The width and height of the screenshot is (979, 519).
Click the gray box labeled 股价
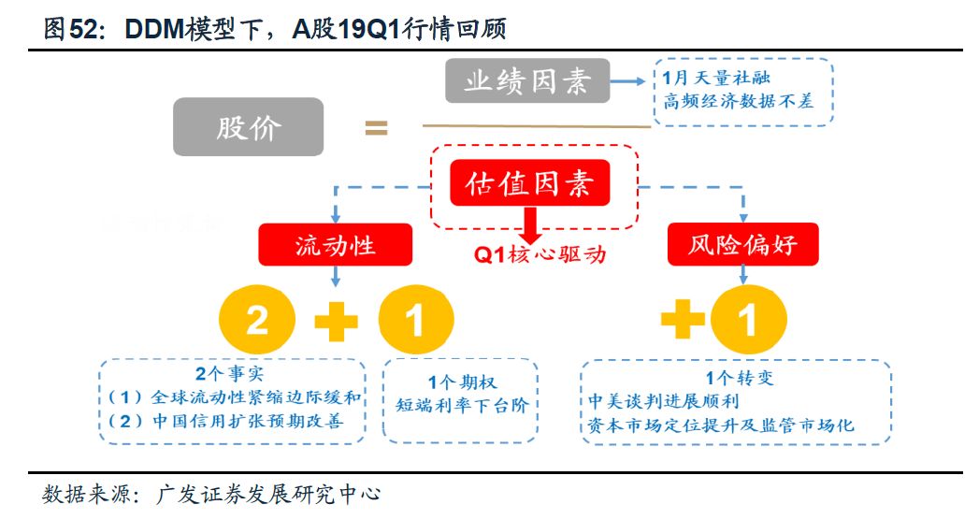pyautogui.click(x=248, y=127)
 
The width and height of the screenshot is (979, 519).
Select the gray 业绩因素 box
pyautogui.click(x=526, y=81)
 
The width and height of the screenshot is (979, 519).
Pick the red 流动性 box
pyautogui.click(x=336, y=246)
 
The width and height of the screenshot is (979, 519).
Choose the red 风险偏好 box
pyautogui.click(x=744, y=246)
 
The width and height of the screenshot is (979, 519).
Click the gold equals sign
pyautogui.click(x=376, y=128)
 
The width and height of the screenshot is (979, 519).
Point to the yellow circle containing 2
pyautogui.click(x=256, y=322)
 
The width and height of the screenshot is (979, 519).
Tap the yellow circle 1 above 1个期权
pyautogui.click(x=415, y=322)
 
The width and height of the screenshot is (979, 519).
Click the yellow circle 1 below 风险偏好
pyautogui.click(x=747, y=322)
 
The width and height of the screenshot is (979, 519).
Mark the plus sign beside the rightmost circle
pyautogui.click(x=682, y=322)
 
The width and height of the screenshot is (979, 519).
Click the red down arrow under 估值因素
pyautogui.click(x=530, y=223)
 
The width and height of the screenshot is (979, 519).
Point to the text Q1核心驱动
pyautogui.click(x=538, y=254)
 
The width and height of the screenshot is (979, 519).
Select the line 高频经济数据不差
pyautogui.click(x=738, y=101)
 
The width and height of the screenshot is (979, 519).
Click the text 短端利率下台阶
pyautogui.click(x=461, y=405)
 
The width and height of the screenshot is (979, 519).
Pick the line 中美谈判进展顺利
pyautogui.click(x=661, y=402)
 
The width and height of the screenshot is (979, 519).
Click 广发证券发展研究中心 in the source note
pyautogui.click(x=269, y=493)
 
